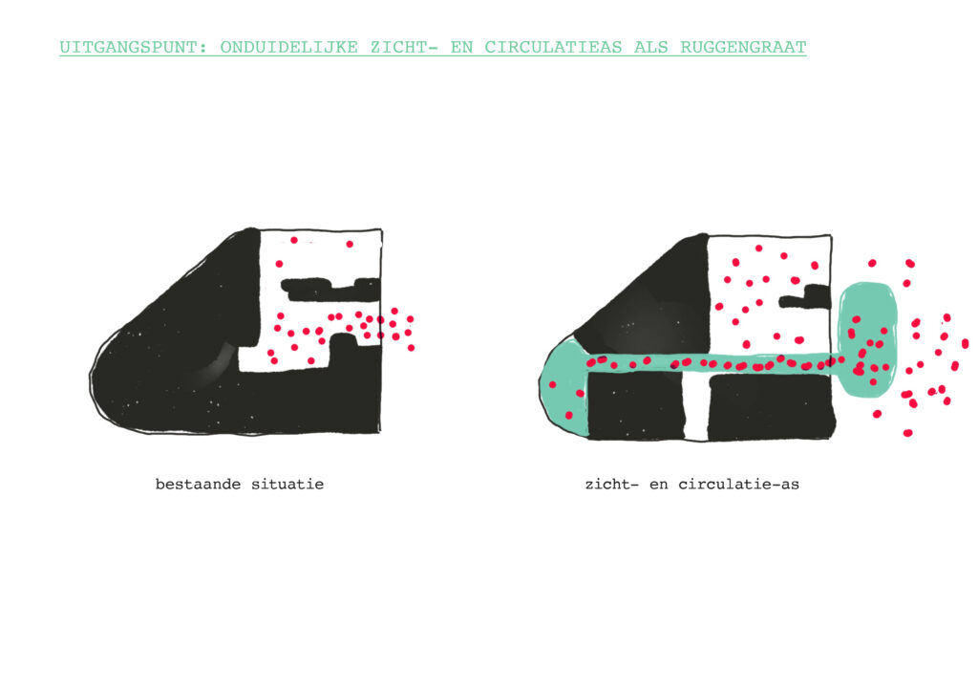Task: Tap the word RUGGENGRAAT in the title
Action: (743, 48)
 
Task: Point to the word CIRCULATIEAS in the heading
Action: (553, 48)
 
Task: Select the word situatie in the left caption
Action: (287, 485)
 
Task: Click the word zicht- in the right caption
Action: (612, 485)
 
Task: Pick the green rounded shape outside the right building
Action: (867, 340)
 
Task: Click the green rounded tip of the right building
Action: (563, 387)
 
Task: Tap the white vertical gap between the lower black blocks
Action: (696, 406)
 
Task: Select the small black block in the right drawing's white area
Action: (808, 297)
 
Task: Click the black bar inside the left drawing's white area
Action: (330, 287)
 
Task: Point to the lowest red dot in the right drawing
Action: (907, 433)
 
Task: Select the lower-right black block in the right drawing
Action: (772, 406)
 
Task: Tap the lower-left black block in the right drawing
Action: (637, 404)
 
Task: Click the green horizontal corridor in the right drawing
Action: (711, 364)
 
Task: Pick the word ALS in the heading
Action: (651, 48)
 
